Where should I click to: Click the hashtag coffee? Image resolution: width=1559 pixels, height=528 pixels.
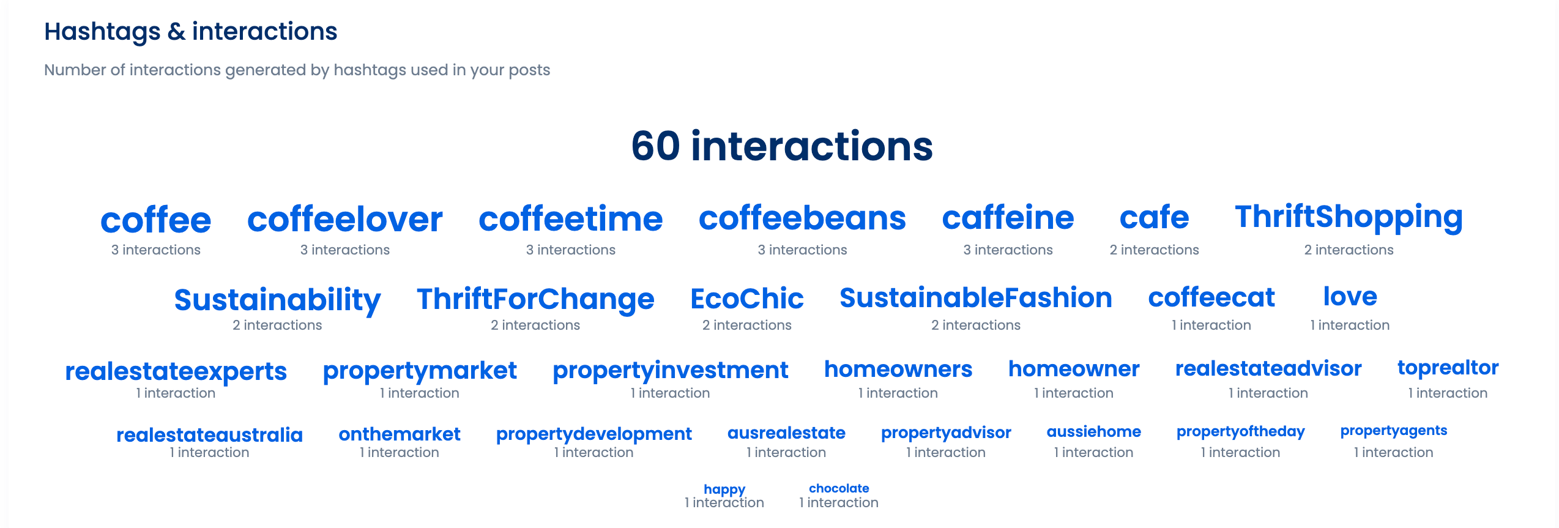[155, 220]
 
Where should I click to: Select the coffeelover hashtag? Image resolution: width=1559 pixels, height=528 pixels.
[344, 219]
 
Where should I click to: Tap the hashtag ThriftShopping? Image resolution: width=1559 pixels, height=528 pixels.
[1349, 218]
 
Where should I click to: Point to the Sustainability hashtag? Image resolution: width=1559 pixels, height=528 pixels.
[277, 300]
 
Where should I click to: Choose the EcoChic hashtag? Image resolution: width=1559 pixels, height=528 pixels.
[746, 299]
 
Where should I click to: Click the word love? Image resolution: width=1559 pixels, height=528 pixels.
[1350, 297]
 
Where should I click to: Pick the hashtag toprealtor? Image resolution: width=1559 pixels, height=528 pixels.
[1448, 368]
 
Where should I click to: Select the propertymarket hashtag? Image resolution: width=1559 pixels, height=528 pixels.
[419, 371]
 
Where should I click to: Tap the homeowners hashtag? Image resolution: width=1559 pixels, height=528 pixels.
[898, 370]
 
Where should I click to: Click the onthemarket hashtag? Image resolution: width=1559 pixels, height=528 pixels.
[399, 434]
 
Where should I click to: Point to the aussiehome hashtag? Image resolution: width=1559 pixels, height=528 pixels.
[1093, 432]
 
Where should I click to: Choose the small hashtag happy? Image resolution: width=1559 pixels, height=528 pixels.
[724, 489]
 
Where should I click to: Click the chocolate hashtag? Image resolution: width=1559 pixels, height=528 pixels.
[839, 488]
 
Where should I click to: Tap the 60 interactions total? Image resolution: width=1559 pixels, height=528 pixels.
[782, 146]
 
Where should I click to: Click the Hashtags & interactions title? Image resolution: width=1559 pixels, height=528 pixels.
[190, 31]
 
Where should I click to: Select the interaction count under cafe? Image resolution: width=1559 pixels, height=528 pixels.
[1154, 250]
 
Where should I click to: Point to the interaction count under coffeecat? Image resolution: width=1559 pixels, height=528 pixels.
[1211, 325]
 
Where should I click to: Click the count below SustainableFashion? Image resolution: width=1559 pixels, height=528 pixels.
[975, 325]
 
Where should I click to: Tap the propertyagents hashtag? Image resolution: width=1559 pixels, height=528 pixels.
[1393, 431]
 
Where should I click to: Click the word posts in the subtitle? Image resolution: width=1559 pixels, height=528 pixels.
[530, 70]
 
